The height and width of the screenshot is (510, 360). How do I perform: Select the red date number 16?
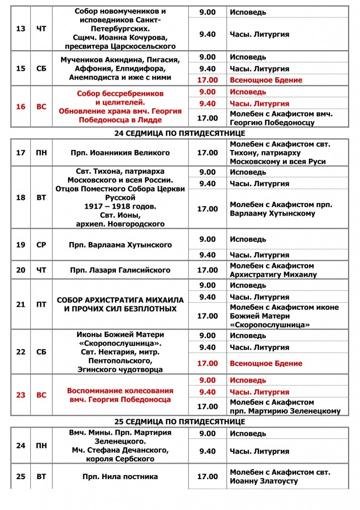[21, 106]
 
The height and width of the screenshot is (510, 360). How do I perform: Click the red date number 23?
[21, 395]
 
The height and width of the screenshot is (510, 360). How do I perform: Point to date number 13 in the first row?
[21, 28]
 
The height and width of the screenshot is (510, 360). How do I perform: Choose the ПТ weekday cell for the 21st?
[41, 304]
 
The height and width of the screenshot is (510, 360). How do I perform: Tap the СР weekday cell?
[41, 245]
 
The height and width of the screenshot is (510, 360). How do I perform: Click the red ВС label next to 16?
[41, 106]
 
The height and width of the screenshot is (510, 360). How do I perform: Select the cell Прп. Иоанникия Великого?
[120, 153]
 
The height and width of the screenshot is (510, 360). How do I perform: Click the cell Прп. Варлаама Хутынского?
[120, 245]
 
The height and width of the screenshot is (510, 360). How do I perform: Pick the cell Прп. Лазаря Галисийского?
[120, 270]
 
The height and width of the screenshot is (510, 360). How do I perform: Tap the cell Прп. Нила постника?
[120, 477]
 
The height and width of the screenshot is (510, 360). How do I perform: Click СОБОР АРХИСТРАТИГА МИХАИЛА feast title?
[120, 300]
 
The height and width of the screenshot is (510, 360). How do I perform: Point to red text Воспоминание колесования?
[120, 390]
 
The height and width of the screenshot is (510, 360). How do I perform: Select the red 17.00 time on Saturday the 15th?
[208, 80]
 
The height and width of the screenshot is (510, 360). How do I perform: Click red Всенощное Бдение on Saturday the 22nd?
[266, 364]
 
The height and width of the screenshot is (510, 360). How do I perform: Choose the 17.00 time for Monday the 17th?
[208, 153]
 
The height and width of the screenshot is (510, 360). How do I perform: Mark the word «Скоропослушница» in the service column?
[269, 325]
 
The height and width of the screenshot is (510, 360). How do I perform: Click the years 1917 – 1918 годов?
[120, 206]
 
